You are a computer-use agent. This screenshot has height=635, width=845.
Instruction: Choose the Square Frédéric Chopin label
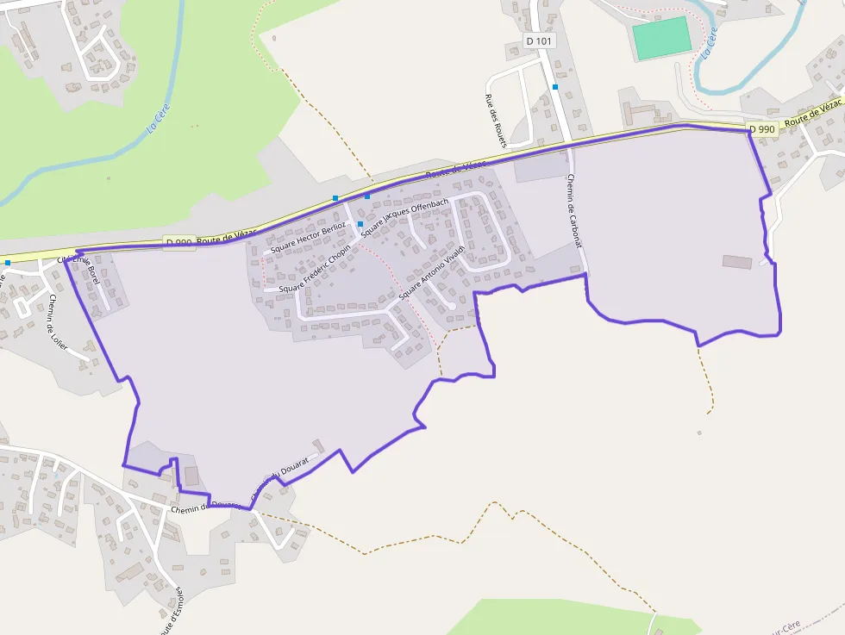tap(315, 269)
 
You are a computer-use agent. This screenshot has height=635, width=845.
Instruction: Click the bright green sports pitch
tap(661, 38)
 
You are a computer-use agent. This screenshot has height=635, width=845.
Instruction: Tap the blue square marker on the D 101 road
tap(555, 87)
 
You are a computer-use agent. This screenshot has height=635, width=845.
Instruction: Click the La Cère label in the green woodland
tap(159, 119)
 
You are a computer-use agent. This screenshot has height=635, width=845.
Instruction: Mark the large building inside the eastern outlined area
tap(735, 261)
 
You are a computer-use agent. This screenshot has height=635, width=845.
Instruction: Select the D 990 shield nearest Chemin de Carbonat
tap(762, 129)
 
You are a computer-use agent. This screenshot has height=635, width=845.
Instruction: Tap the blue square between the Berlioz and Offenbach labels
tap(360, 226)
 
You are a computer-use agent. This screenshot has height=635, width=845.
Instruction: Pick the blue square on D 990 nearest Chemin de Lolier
tap(7, 262)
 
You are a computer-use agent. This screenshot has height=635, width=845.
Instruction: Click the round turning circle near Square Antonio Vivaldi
tap(451, 305)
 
